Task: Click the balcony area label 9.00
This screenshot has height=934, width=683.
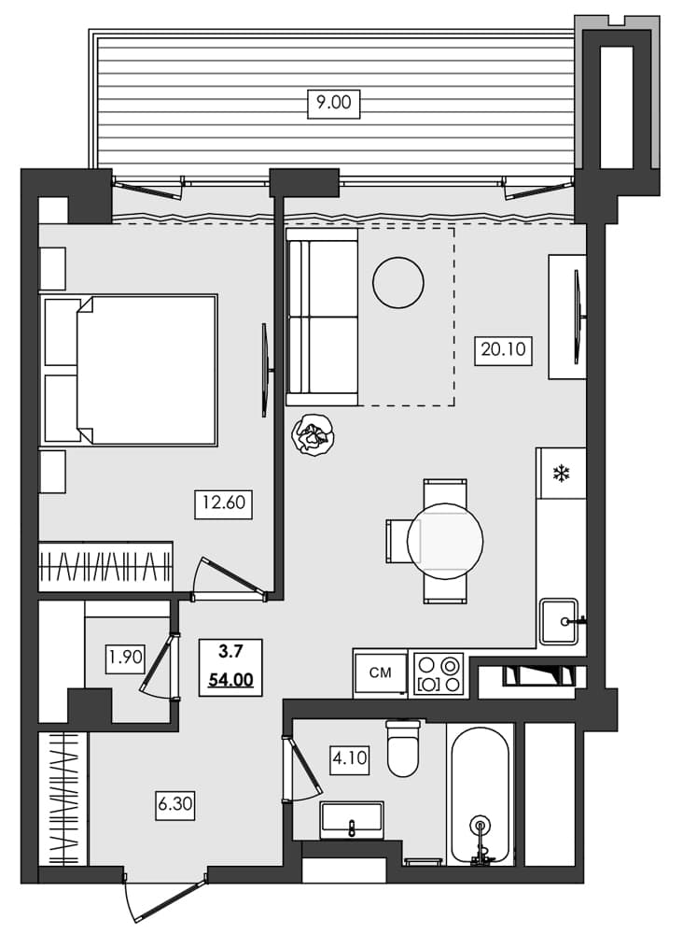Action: [x=333, y=103]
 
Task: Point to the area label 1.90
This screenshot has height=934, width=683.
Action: [x=125, y=657]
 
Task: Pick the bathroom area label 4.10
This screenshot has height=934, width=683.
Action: [x=350, y=758]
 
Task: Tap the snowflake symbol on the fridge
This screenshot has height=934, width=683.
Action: [x=561, y=474]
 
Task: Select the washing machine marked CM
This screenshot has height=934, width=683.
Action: [x=381, y=672]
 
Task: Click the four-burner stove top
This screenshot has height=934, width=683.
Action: [x=438, y=673]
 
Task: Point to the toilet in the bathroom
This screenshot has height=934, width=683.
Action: [x=405, y=749]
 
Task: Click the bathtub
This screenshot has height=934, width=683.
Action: [x=480, y=794]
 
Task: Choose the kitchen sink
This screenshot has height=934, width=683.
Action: [x=561, y=620]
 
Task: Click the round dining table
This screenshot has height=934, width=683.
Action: [x=445, y=541]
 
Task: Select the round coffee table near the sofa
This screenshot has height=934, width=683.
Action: [x=398, y=282]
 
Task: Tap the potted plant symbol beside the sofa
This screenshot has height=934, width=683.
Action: [x=312, y=434]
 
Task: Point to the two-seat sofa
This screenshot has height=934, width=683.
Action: [x=323, y=318]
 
